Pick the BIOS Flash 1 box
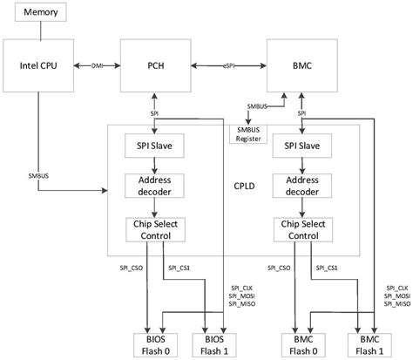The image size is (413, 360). click(x=213, y=343)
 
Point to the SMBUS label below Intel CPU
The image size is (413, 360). click(x=38, y=176)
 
